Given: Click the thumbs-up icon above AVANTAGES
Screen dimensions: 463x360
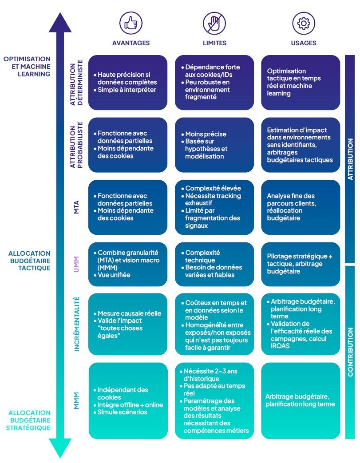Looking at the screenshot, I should click(x=130, y=22).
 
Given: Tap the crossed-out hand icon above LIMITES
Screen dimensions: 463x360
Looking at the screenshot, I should click(x=215, y=22).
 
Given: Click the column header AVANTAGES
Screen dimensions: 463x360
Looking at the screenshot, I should click(x=131, y=43).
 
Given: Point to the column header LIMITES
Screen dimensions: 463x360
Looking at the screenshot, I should click(x=215, y=43).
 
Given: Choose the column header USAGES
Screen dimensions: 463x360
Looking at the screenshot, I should click(x=304, y=43).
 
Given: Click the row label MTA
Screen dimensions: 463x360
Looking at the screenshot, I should click(x=77, y=207).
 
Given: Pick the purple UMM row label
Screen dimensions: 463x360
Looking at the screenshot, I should click(x=77, y=264).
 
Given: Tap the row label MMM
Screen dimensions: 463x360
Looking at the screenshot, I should click(x=77, y=400).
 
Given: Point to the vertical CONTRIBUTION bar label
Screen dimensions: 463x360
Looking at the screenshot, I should click(x=350, y=352).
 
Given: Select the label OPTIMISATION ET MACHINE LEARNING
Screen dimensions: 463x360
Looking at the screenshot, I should click(x=27, y=66).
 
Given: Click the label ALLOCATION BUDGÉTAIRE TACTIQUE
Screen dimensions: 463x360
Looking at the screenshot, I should click(x=29, y=261).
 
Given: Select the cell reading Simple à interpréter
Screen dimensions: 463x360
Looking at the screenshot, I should click(x=128, y=83).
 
